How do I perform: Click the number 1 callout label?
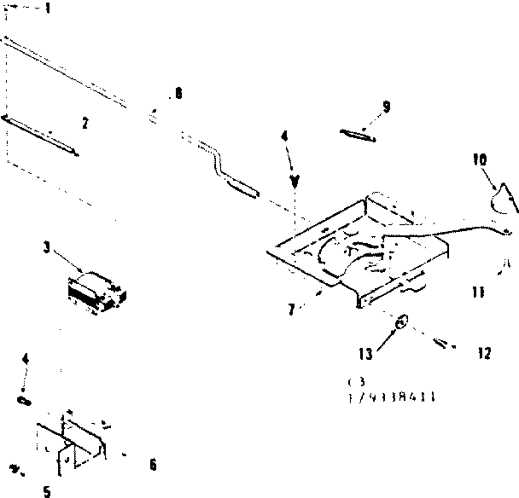[47, 9]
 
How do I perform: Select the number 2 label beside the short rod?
[84, 123]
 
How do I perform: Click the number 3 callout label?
[45, 248]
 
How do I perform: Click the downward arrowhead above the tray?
[295, 181]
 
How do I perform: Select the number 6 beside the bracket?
[152, 465]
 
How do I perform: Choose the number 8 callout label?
[178, 93]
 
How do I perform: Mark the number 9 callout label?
[386, 107]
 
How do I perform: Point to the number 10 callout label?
[479, 159]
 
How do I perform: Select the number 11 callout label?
[478, 292]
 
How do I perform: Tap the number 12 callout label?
[484, 352]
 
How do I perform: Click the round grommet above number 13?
[401, 322]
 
